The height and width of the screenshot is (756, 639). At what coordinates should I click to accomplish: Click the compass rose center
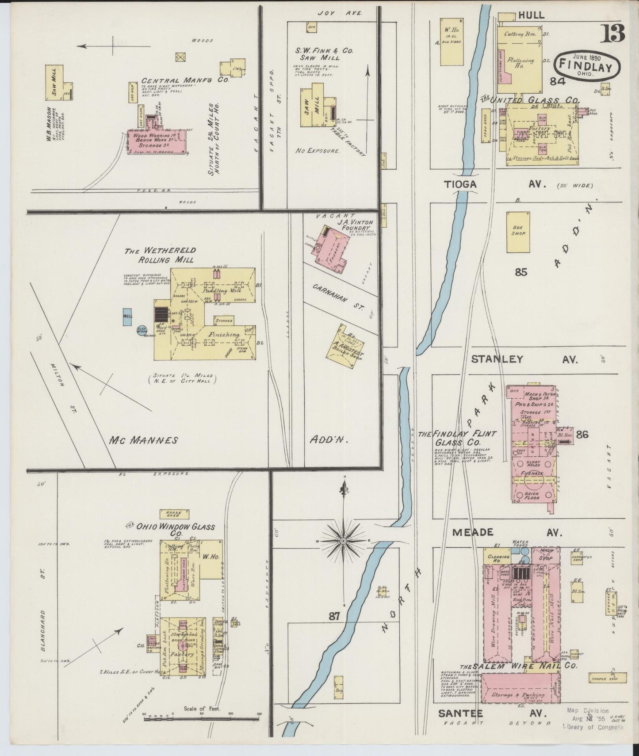pos(343,541)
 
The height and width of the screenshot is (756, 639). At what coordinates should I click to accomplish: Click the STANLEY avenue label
pos(497,359)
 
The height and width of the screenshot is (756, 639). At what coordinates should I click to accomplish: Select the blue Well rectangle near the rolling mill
pos(127,317)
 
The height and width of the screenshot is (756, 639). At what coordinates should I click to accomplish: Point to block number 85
pos(521,272)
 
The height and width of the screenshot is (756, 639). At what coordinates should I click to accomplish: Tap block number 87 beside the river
pos(335,616)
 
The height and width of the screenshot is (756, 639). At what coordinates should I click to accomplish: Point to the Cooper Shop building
pos(608,677)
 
